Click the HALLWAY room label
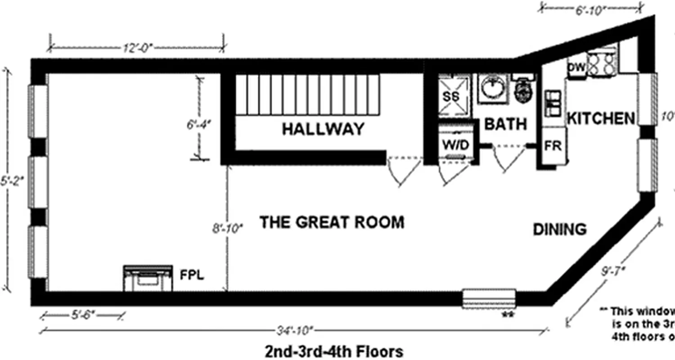pyautogui.click(x=323, y=129)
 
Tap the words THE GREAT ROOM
pyautogui.click(x=332, y=222)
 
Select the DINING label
pyautogui.click(x=560, y=229)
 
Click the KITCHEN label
pyautogui.click(x=601, y=118)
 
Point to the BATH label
pyautogui.click(x=505, y=124)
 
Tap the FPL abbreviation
pyautogui.click(x=192, y=275)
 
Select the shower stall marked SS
pyautogui.click(x=454, y=96)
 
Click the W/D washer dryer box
pyautogui.click(x=455, y=145)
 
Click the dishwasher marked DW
pyautogui.click(x=576, y=67)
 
